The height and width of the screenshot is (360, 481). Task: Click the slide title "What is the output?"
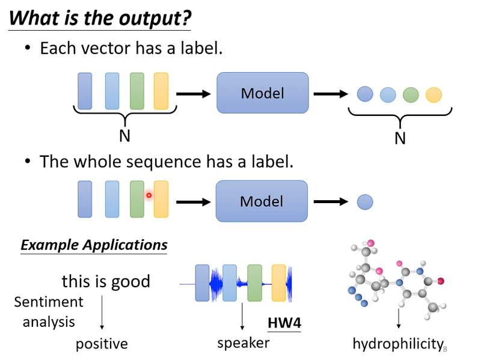coord(100,19)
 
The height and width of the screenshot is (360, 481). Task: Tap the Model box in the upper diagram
coord(263,93)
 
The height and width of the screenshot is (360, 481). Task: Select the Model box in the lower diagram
coord(262,201)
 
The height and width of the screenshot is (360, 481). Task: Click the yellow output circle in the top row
coord(434,94)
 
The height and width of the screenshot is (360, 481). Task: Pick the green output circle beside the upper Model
coord(411,94)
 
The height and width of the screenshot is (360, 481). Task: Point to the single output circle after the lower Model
coord(365,202)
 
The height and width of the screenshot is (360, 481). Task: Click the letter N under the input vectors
coord(125,136)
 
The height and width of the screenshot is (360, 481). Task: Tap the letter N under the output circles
coord(400,138)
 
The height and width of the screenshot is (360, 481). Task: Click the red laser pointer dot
coord(149,195)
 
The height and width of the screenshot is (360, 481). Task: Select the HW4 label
coord(284,323)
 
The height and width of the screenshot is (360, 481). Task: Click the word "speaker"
coord(244,343)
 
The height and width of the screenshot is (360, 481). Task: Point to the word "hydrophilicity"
coord(398,344)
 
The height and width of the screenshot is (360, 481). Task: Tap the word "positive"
coord(102,344)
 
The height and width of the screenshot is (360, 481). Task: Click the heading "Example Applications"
coord(94,245)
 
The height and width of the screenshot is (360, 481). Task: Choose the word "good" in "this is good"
coord(130,282)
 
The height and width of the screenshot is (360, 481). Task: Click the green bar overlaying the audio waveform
coord(254,282)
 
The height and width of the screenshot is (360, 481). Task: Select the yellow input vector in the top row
coord(161,91)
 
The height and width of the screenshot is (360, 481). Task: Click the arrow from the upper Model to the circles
coord(331,94)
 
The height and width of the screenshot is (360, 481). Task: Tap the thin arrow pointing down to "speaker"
coord(242,316)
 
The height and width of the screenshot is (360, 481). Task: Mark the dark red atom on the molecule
coord(441,281)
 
